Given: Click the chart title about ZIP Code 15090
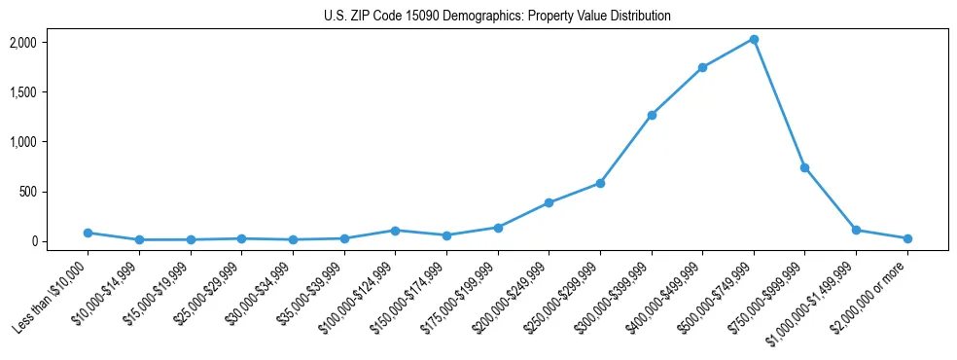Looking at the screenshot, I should coord(497,16).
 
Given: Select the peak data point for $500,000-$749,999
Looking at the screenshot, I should coord(754,39).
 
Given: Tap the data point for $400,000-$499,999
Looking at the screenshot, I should coord(702,67).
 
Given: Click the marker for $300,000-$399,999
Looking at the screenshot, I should coord(652,115).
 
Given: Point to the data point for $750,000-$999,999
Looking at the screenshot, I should coord(804,167).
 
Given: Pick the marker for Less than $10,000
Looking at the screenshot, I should coord(88,233).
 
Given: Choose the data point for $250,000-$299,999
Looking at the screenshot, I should coord(600,183).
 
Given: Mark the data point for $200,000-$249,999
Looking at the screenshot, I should coord(549,202).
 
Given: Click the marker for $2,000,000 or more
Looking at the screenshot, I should coord(907,238).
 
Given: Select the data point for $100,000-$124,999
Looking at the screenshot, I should coord(395,231).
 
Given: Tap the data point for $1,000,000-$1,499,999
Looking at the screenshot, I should coord(856,230).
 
